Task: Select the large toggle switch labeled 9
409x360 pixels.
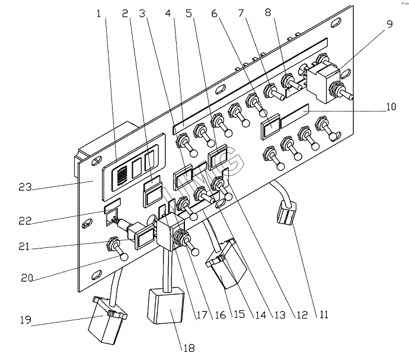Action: (328, 84)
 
